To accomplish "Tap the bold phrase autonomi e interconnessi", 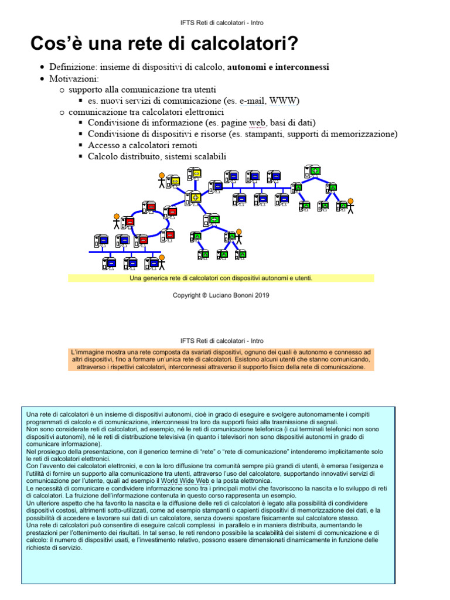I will [278, 67].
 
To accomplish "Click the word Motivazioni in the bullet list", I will [74, 79].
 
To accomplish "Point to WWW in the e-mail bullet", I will [283, 101].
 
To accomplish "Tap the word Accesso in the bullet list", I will [104, 145].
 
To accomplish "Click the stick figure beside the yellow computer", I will [162, 180].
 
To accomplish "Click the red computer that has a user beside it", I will [128, 222].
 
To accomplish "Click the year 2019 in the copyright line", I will [261, 295].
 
